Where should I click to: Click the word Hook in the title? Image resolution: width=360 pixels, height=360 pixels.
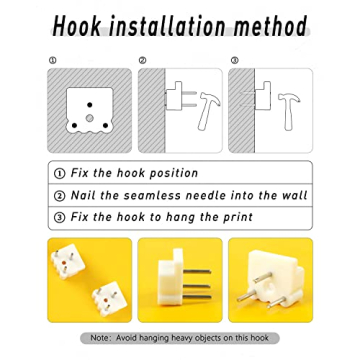77,26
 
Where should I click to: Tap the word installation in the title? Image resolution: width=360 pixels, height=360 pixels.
167,26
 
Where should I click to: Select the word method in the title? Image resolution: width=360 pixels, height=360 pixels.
270,26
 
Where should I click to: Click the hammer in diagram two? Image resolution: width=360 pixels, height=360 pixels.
209,111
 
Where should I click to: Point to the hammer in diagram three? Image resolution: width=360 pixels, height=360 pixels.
289,111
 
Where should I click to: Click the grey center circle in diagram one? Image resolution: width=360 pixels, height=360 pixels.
89,118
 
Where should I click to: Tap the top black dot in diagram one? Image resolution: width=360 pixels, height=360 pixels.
89,105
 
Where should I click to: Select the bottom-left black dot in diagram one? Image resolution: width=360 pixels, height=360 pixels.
74,126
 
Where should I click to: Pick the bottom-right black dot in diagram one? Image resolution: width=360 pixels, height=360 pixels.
105,126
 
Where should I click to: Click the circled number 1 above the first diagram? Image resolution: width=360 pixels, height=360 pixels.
52,60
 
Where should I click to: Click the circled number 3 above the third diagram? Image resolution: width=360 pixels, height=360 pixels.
235,60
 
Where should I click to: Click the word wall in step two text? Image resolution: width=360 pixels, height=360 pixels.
294,195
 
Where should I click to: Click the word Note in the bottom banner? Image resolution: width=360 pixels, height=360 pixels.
99,338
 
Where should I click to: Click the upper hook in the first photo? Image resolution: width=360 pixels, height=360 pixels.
68,261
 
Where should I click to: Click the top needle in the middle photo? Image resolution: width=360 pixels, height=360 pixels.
197,272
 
